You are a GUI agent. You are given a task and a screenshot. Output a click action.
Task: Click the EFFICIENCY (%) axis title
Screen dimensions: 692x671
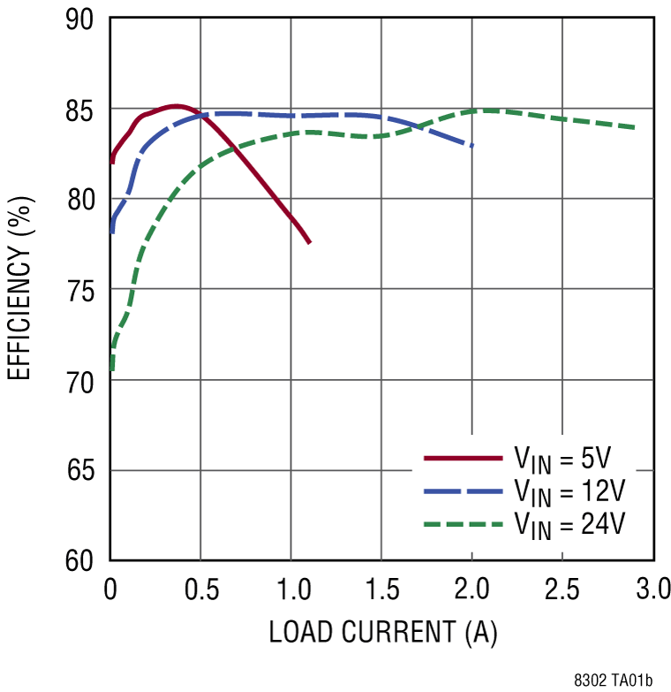[x=19, y=290]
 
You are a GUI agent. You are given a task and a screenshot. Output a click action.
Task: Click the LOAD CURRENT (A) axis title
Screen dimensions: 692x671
[x=382, y=633]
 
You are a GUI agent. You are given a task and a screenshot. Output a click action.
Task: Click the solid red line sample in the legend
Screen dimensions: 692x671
[x=462, y=459]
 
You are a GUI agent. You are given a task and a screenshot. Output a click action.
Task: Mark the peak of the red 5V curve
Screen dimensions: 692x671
[x=176, y=106]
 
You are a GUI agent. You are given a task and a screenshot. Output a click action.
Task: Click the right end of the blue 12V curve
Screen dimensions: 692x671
[x=472, y=145]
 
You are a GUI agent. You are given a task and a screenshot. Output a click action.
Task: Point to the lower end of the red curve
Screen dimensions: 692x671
[x=309, y=242]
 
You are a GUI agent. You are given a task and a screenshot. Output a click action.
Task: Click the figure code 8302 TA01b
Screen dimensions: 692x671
[x=612, y=680]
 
